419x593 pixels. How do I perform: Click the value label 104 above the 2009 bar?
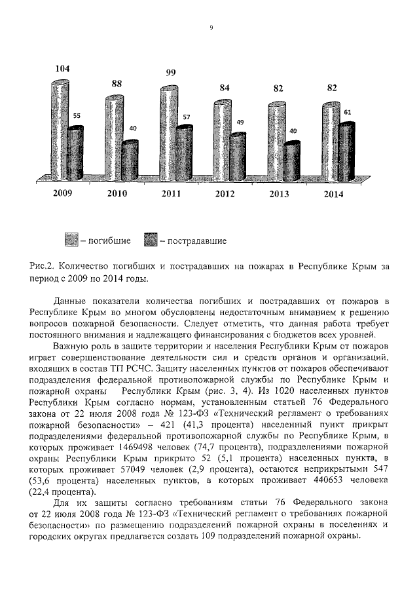(63, 69)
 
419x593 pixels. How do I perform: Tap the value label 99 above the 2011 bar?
(170, 73)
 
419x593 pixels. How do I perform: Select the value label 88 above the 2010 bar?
(117, 83)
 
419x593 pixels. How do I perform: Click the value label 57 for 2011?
(186, 117)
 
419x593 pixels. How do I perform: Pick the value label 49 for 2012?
(240, 123)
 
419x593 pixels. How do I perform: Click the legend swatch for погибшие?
(71, 240)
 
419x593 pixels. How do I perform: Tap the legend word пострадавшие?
(196, 241)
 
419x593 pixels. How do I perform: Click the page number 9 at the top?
(211, 28)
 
